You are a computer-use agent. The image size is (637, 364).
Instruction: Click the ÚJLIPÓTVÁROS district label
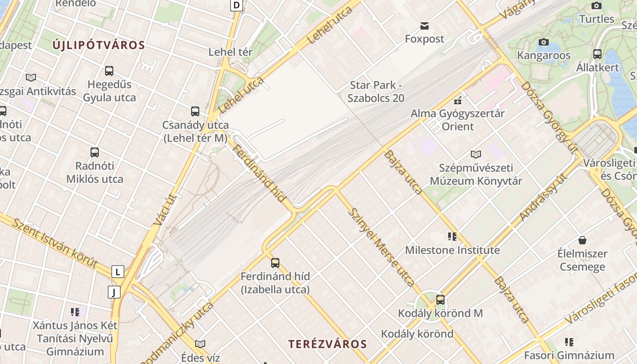(98, 45)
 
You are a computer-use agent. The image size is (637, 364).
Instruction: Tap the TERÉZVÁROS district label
(327, 344)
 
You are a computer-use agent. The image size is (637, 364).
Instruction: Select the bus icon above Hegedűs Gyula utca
(109, 71)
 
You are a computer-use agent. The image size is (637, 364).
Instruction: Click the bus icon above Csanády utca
(195, 111)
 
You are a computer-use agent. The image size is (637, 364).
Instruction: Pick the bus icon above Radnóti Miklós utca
(95, 152)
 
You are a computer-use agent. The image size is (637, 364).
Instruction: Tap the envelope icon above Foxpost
(425, 25)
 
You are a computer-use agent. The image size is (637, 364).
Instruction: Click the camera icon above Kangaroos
(543, 42)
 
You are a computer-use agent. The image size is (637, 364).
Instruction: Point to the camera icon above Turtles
(597, 5)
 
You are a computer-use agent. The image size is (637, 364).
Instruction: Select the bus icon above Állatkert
(597, 54)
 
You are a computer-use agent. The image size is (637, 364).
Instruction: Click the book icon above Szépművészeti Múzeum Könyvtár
(476, 154)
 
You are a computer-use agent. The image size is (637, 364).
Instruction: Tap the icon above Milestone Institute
(452, 236)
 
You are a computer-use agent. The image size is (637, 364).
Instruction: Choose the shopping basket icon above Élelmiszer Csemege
(582, 240)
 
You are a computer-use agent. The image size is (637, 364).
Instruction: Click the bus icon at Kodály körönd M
(440, 300)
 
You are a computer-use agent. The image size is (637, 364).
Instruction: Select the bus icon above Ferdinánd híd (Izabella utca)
(275, 263)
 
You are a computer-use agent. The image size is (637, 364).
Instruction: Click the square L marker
(118, 272)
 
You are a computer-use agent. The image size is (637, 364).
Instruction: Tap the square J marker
(114, 292)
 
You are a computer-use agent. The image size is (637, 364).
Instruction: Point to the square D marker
(237, 5)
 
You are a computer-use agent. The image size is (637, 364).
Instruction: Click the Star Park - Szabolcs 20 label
(376, 91)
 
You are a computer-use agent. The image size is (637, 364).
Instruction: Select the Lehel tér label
(230, 52)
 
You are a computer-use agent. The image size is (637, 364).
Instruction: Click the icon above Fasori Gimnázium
(569, 342)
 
